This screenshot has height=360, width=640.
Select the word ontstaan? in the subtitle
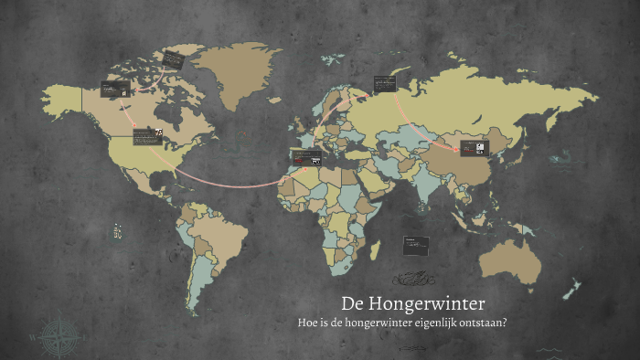(x=484, y=323)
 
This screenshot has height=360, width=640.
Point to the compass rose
(x=58, y=335)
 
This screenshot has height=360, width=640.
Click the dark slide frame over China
(x=475, y=147)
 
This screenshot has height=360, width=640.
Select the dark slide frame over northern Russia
(x=384, y=83)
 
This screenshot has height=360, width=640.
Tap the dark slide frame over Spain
(x=305, y=156)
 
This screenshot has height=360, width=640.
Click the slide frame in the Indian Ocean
(x=416, y=244)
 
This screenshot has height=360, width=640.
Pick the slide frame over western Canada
(x=114, y=89)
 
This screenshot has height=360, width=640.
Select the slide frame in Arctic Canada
(x=173, y=60)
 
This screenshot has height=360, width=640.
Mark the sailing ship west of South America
(x=116, y=232)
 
